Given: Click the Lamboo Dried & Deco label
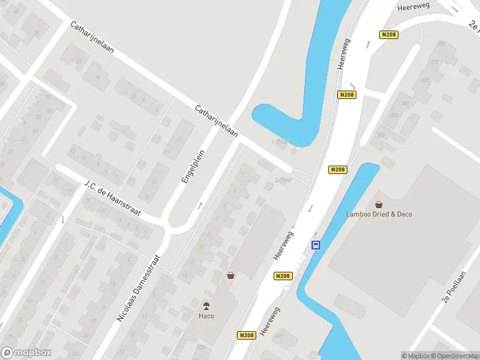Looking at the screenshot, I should [379, 214].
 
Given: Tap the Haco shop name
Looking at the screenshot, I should [207, 316].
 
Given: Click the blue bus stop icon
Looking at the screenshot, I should [316, 245].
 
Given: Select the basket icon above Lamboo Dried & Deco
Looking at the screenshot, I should [379, 204].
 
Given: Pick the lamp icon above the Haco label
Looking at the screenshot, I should [207, 305].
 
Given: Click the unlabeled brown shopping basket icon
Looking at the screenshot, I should [230, 275].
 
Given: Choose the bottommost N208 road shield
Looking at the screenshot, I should [246, 335].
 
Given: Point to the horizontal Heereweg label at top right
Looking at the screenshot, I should [415, 6].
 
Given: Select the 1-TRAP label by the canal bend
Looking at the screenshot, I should [280, 142].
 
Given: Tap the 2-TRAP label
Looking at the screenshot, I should [284, 180].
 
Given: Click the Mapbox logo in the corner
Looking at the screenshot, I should [26, 353].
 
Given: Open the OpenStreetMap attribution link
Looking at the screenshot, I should [455, 356].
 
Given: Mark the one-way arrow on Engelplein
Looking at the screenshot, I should [200, 206].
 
